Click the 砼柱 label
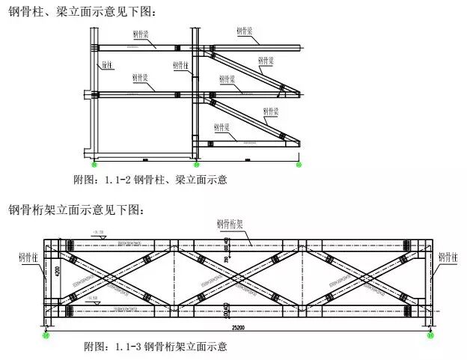pos(107,65)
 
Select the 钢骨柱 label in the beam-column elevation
pos(181,65)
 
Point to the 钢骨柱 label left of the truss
pos(28,257)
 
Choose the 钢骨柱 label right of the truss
pos(449,257)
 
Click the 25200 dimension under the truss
pos(239,326)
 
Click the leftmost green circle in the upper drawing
pos(94,164)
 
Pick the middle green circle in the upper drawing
pos(196,164)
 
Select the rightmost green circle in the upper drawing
pos(299,164)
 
